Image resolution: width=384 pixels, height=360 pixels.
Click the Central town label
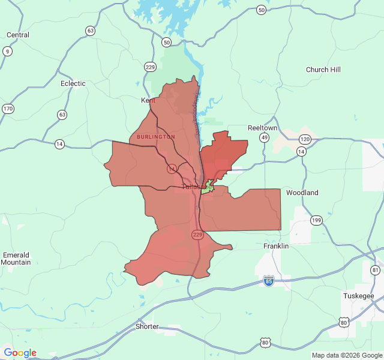pyautogui.click(x=17, y=35)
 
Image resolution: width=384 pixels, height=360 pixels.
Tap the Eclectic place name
pyautogui.click(x=73, y=83)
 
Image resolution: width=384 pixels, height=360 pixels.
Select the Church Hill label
pyautogui.click(x=323, y=70)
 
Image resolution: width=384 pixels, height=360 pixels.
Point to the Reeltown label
pyautogui.click(x=263, y=128)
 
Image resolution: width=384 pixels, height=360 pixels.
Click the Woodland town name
pyautogui.click(x=302, y=193)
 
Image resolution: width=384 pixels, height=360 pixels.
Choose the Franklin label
pyautogui.click(x=276, y=246)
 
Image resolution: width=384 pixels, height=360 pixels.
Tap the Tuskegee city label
pyautogui.click(x=359, y=296)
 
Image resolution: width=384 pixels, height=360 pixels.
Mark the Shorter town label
pyautogui.click(x=147, y=326)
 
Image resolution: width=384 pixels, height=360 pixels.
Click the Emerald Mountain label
pyautogui.click(x=16, y=259)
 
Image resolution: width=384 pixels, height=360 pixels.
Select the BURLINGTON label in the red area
pyautogui.click(x=156, y=137)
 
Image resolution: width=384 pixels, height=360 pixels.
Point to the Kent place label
pyautogui.click(x=148, y=100)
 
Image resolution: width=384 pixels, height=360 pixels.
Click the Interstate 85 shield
pyautogui.click(x=269, y=280)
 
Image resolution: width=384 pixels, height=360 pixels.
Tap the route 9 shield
pyautogui.click(x=7, y=51)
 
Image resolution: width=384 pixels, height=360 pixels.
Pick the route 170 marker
pyautogui.click(x=7, y=109)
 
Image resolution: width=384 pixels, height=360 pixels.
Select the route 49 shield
pyautogui.click(x=264, y=138)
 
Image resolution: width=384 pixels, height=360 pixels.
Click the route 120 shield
pyautogui.click(x=305, y=139)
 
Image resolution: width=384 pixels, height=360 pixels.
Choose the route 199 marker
pyautogui.click(x=316, y=220)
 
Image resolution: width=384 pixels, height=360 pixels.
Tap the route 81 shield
pyautogui.click(x=376, y=270)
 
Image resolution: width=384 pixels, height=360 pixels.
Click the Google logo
pyautogui.click(x=20, y=353)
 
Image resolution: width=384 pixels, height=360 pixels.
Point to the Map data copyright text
pyautogui.click(x=347, y=355)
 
